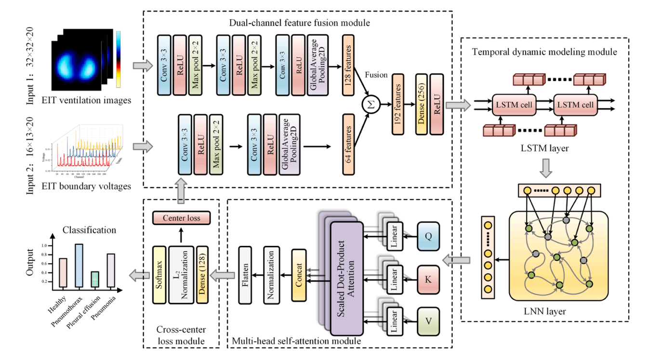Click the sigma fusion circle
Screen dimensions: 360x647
tap(371, 106)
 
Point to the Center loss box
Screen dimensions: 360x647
tap(181, 218)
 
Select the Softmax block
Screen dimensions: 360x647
tap(159, 275)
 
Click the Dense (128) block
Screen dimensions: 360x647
tap(202, 275)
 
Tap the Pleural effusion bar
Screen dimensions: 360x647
tap(95, 280)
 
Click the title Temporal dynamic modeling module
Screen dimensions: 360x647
tap(544, 52)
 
